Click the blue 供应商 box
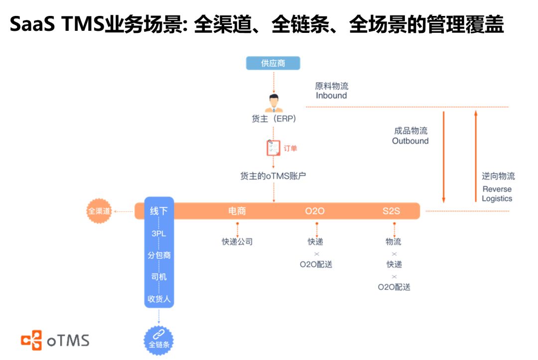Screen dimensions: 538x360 coord(273,63)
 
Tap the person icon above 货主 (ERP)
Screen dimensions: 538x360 coord(273,103)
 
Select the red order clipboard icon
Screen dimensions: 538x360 coord(273,148)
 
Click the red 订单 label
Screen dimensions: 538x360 coord(290,148)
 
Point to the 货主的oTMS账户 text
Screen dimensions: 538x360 coord(273,176)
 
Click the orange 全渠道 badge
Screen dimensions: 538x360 coord(99,211)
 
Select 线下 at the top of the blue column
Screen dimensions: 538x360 coord(158,211)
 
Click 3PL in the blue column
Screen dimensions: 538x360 coord(158,234)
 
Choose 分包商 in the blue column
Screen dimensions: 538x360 coord(159,255)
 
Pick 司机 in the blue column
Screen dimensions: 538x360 coord(159,277)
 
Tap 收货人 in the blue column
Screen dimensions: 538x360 coord(159,299)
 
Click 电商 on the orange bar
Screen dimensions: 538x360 coord(237,211)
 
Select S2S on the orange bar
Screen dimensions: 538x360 coord(391,211)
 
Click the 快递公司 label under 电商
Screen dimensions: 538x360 coord(237,241)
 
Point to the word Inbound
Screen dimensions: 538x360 coord(331,95)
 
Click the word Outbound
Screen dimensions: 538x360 coord(410,141)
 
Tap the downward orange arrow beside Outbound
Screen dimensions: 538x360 coord(443,157)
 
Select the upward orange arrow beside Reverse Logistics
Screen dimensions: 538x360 coord(476,156)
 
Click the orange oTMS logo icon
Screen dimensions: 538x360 coord(31,340)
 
